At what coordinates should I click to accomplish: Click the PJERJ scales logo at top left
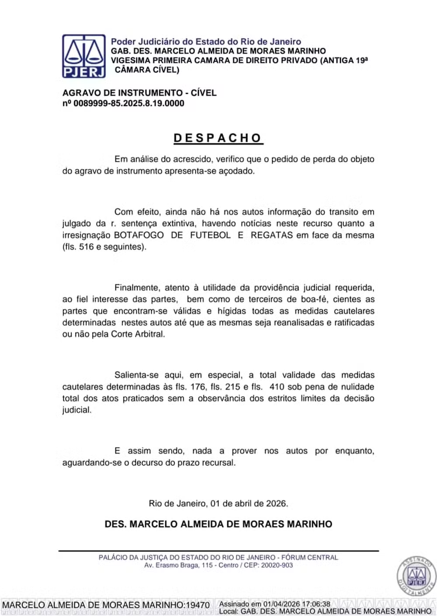83,56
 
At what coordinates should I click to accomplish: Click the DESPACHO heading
218,138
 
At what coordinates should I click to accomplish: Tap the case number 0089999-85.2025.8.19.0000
129,103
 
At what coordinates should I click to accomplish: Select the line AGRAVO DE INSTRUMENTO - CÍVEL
139,93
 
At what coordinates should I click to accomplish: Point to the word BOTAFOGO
139,235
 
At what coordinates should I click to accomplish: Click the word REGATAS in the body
271,235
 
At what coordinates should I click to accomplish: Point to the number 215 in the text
233,387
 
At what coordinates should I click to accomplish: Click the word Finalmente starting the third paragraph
136,288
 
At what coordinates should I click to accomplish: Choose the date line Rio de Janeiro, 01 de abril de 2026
218,503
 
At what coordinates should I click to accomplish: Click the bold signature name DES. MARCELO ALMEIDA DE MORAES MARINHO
218,524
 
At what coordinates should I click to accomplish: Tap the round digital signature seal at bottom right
416,577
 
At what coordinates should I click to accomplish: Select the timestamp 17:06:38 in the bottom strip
315,604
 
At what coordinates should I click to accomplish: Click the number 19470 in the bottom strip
198,605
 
